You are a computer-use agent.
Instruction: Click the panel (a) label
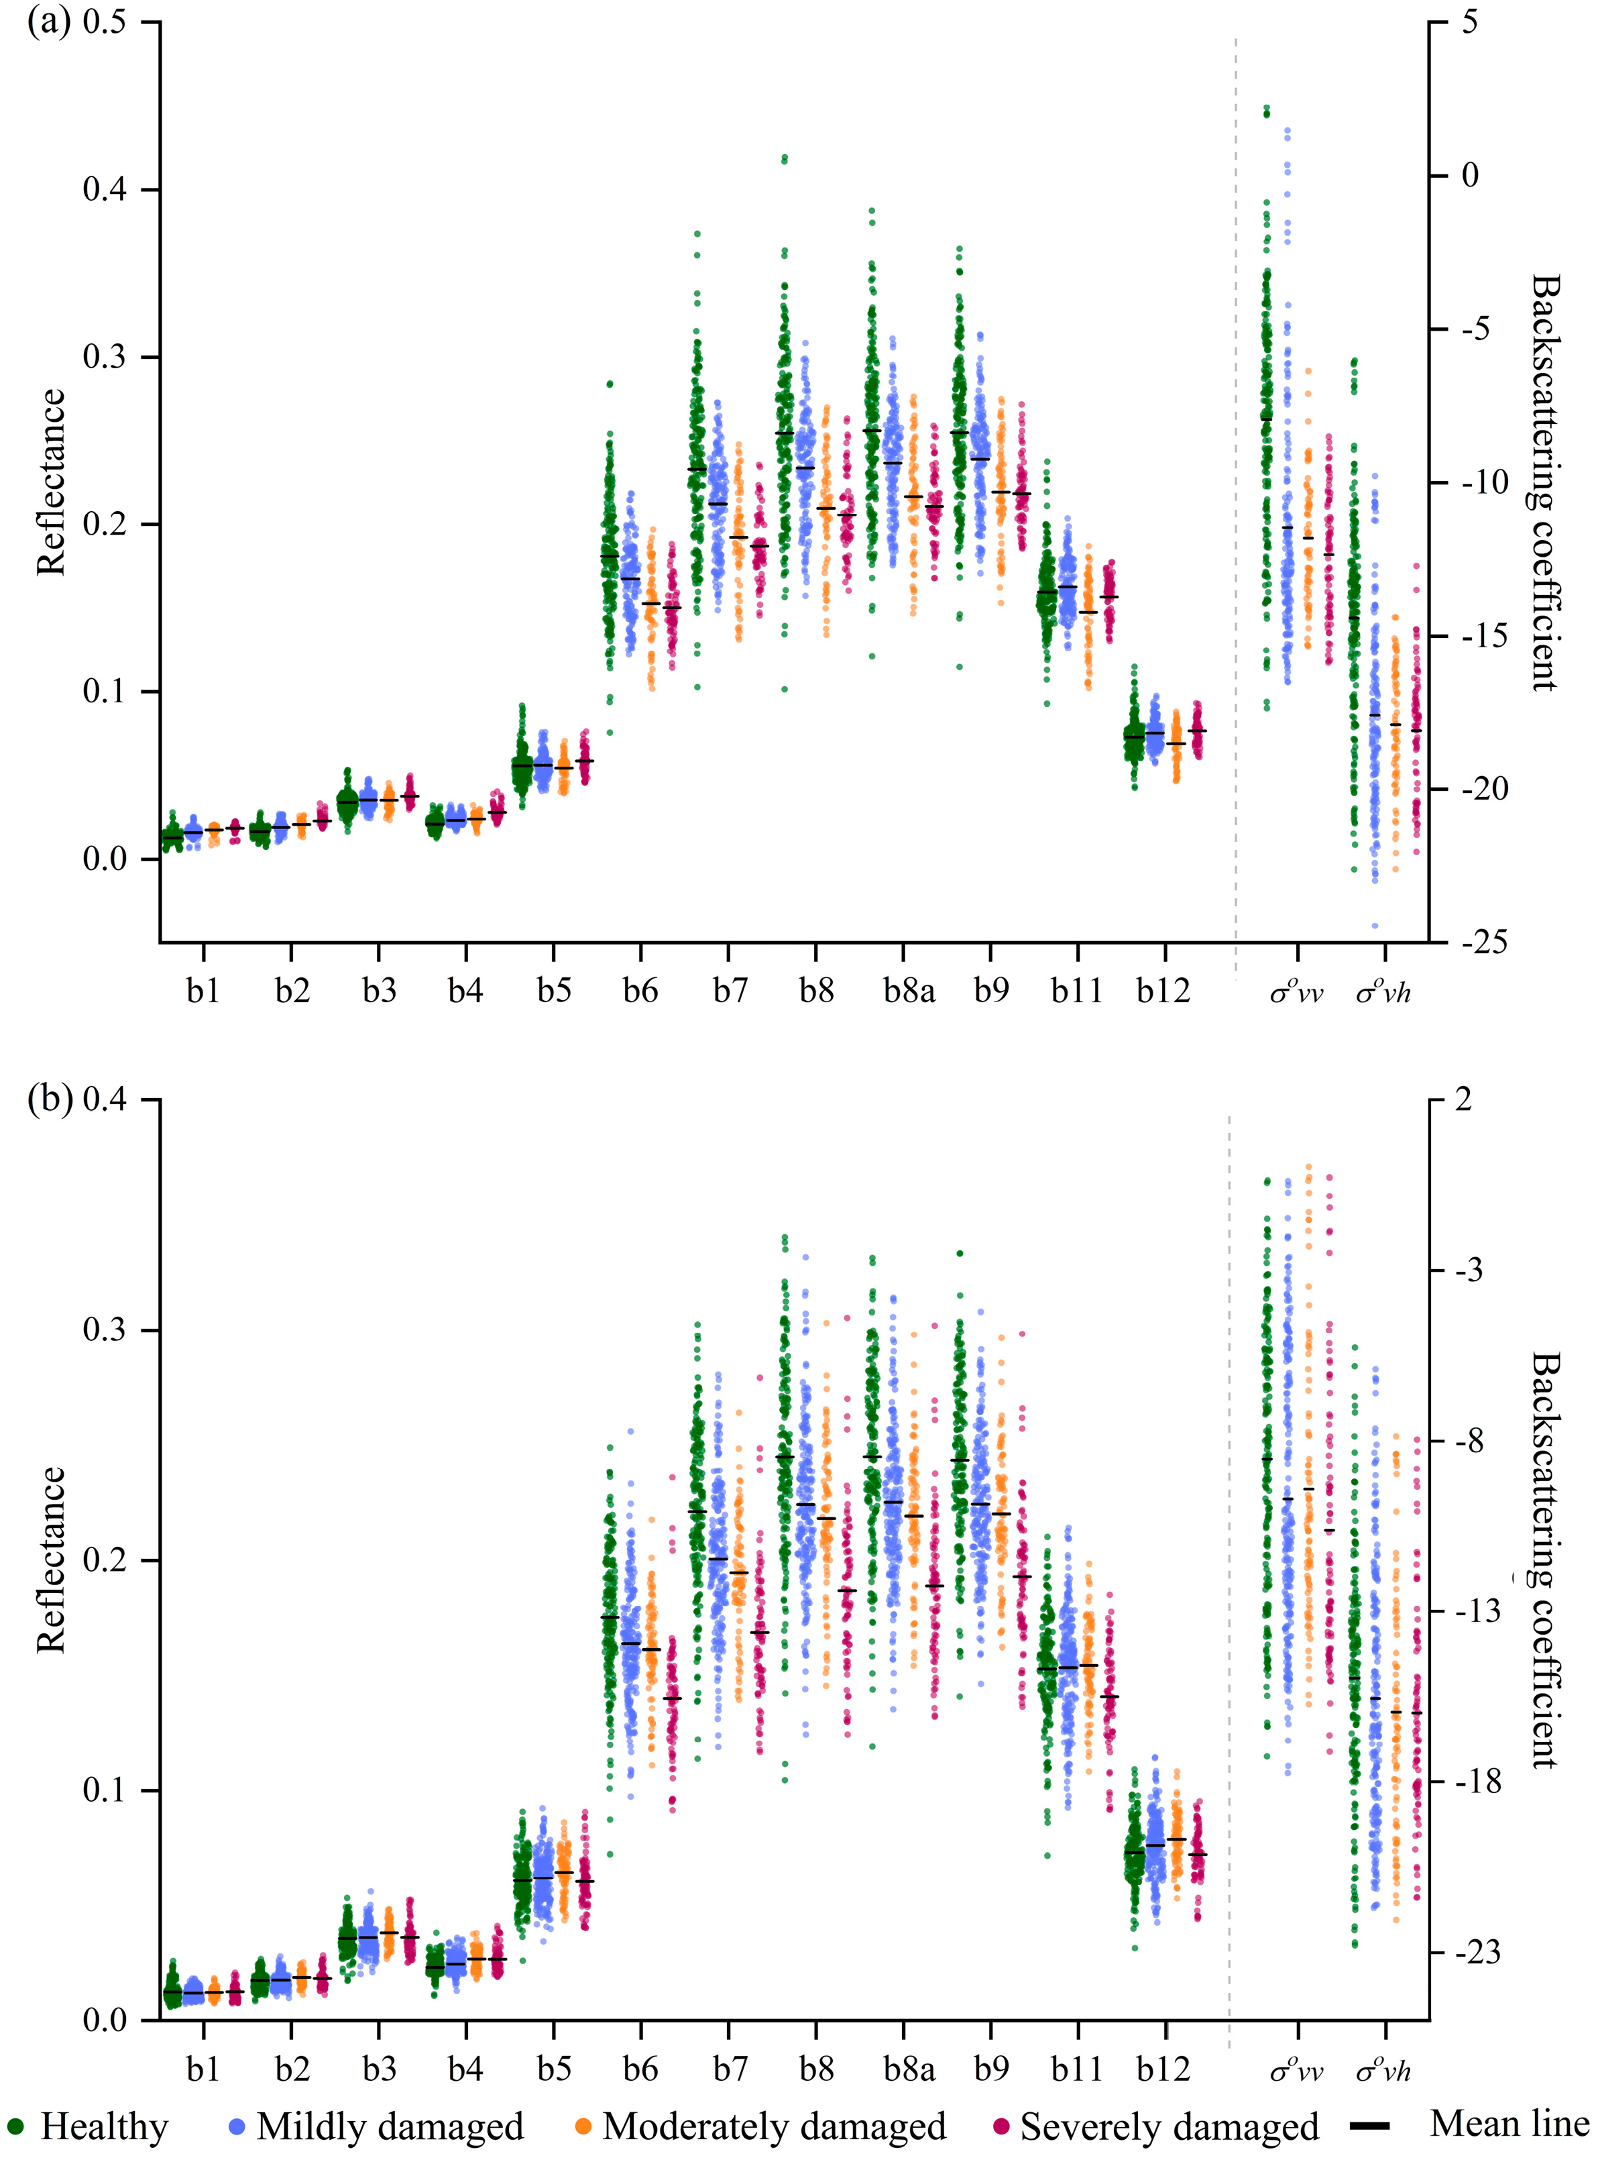48,21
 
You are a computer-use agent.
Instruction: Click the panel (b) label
48,1100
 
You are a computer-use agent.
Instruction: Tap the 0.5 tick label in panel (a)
105,21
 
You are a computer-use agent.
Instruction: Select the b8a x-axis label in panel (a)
909,991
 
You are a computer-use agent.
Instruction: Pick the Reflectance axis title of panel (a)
51,482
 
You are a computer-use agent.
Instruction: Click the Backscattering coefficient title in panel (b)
1546,1560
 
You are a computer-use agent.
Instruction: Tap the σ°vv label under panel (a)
1296,991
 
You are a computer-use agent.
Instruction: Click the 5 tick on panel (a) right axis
1469,21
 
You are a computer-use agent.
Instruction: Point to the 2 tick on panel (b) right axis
1463,1100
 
